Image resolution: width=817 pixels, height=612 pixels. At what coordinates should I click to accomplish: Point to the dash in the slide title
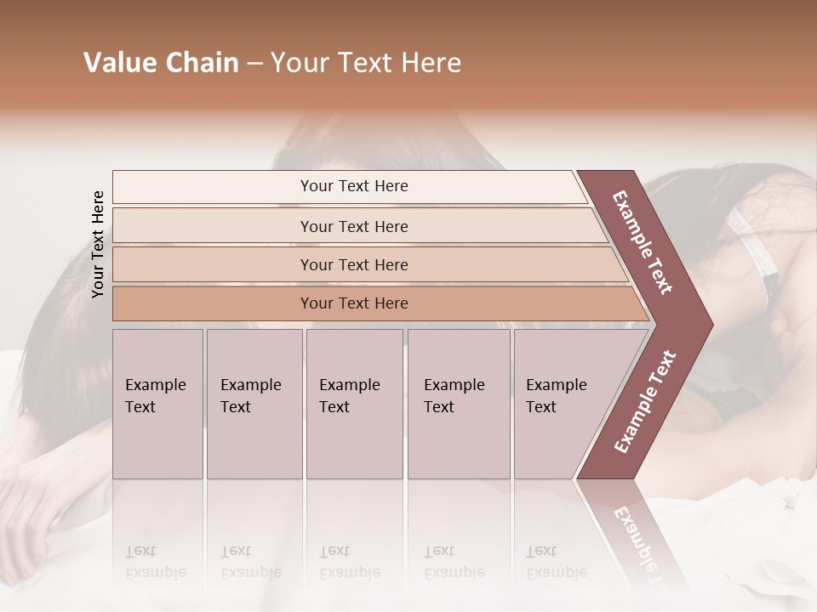point(254,64)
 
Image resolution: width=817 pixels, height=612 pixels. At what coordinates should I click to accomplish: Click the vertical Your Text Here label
point(98,244)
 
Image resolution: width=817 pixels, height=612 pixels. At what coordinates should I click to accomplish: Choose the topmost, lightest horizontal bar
point(349,186)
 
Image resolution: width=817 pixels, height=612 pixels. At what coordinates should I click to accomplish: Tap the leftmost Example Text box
point(157,404)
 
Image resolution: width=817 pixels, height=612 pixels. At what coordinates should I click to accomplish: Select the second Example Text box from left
point(254,404)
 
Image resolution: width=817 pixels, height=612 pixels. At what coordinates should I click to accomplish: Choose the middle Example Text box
point(354,404)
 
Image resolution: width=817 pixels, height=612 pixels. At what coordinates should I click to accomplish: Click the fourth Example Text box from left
point(459,404)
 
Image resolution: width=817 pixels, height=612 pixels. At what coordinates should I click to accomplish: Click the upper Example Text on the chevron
point(643,242)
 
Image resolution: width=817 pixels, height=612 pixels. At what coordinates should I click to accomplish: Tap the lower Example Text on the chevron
point(645,402)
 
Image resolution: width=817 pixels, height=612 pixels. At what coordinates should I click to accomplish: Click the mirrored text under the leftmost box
point(155,562)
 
